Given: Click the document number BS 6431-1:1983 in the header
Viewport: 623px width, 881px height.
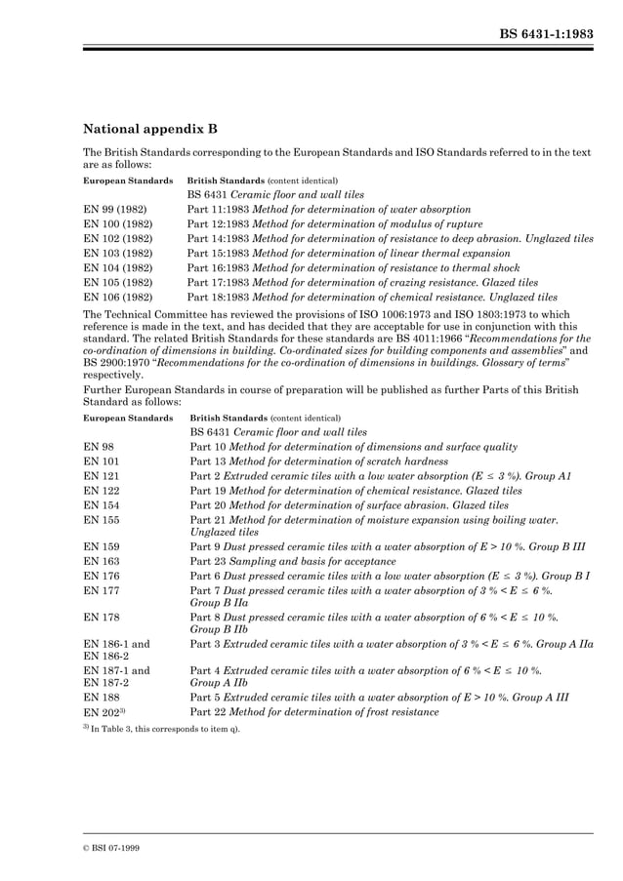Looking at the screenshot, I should click(546, 31).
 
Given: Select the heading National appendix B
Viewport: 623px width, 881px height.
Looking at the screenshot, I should click(149, 128).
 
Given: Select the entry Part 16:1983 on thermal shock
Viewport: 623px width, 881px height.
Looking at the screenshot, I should click(350, 267).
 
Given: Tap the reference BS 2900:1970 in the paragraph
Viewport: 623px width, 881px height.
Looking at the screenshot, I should click(116, 362).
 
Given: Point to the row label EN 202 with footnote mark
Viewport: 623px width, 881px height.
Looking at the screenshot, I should click(104, 712).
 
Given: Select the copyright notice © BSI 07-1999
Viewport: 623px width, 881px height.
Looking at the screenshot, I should click(111, 848).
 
